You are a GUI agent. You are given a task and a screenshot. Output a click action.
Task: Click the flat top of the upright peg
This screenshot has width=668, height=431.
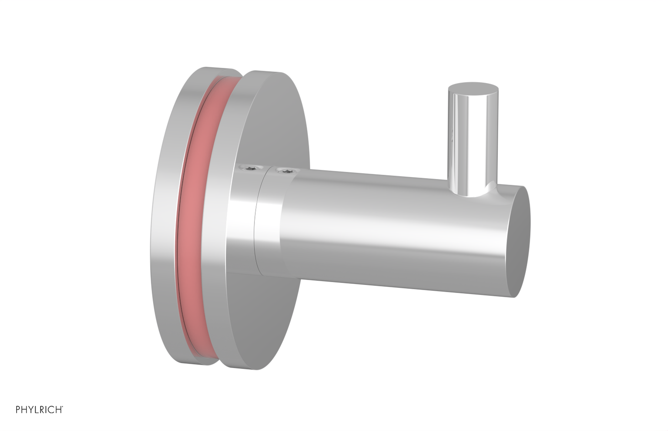473,90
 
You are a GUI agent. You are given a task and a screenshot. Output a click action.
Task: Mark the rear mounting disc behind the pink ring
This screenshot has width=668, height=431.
169,215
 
